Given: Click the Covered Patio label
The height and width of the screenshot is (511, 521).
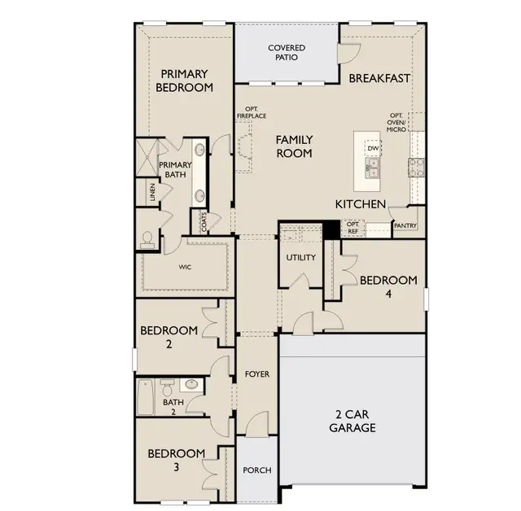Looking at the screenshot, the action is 287,52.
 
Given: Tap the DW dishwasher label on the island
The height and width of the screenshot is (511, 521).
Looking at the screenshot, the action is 373,148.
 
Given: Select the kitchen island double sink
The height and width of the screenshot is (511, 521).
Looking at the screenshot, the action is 373,168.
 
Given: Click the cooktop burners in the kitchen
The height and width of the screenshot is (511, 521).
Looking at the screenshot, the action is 417,168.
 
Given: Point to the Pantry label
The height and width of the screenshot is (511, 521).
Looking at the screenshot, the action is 405,225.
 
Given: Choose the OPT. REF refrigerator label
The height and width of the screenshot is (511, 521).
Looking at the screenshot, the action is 352,228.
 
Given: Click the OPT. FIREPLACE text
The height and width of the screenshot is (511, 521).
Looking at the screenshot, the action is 252,112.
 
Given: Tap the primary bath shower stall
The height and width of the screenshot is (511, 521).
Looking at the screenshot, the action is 147,158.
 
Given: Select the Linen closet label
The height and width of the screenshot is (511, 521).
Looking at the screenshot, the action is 152,192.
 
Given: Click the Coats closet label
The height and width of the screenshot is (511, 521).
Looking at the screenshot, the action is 204,222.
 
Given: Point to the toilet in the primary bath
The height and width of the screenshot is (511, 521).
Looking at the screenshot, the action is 147,240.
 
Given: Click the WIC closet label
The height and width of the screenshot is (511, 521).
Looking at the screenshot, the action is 185,267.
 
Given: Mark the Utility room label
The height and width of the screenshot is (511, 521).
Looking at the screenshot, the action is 301,257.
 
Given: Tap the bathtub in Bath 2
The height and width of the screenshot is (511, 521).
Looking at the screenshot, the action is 146,397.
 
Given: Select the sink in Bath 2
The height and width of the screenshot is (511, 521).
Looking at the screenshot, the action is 191,385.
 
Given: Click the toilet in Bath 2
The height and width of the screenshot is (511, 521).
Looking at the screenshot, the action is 168,387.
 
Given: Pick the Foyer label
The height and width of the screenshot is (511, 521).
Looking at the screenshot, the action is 257,374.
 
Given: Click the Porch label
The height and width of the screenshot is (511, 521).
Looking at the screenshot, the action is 257,470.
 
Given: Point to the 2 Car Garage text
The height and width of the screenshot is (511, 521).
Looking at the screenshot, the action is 352,421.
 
